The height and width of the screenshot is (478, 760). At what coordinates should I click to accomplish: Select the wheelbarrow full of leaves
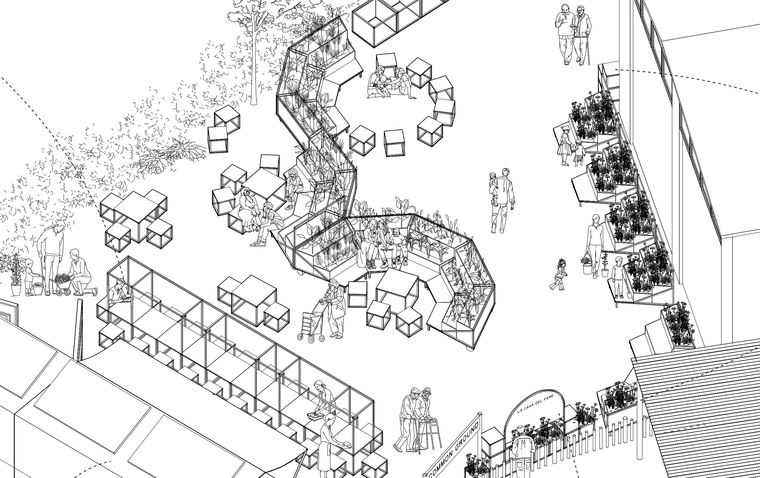pyautogui.click(x=63, y=283)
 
